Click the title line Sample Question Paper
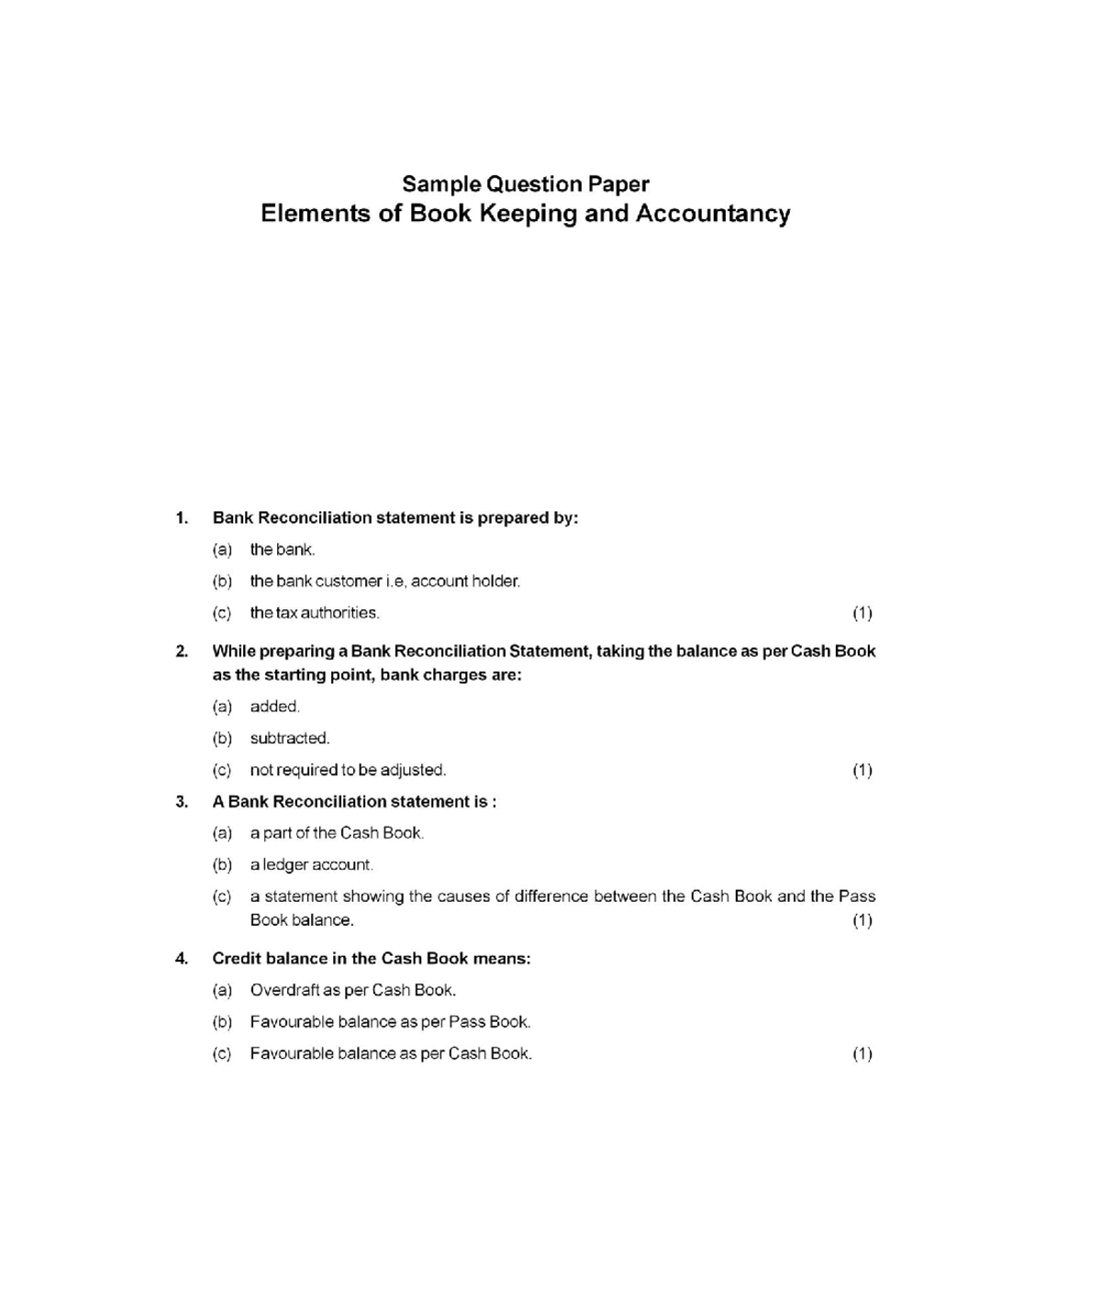(526, 183)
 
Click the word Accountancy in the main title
(713, 214)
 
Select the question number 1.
(182, 517)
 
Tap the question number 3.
(182, 801)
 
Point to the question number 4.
(182, 958)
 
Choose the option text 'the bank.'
(282, 550)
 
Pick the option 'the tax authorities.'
(314, 612)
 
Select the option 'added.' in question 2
(274, 706)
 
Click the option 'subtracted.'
(289, 738)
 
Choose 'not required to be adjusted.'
(347, 770)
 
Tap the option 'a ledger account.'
(311, 864)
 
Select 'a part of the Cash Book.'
(336, 833)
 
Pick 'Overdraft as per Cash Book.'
(352, 990)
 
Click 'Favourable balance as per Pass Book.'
(390, 1021)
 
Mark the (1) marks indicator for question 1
(862, 613)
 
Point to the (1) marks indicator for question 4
(862, 1053)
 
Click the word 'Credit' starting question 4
(236, 958)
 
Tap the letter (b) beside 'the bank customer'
(222, 581)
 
